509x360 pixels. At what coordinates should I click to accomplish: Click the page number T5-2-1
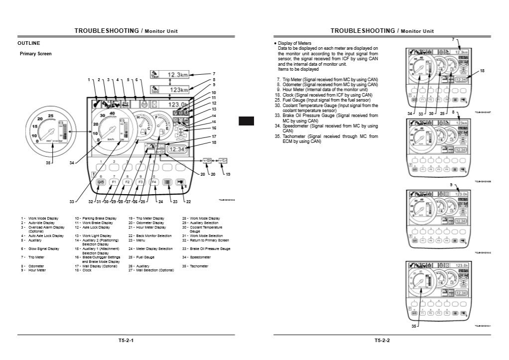126,341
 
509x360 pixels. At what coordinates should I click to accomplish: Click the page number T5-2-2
382,341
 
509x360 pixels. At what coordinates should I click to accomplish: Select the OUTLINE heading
28,43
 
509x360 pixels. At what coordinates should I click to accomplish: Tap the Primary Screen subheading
35,54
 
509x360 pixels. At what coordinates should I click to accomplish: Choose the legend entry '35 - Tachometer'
195,266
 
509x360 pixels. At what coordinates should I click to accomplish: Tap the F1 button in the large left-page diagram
114,183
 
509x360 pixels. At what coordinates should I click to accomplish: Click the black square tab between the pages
246,120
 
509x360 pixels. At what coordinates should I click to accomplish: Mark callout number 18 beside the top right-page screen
482,71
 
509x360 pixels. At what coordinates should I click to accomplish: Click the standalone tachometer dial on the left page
48,130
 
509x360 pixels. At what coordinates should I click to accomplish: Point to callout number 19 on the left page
228,175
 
